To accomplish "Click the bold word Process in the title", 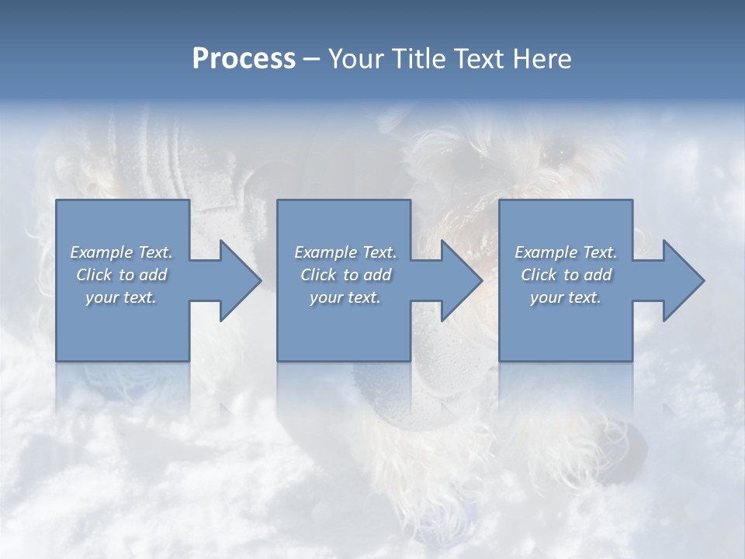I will (244, 59).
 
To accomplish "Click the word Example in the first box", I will (101, 252).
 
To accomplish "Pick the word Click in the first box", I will (95, 275).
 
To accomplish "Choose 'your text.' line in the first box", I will (121, 297).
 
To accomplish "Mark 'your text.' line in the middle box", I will (345, 297).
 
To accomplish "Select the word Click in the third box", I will (539, 275).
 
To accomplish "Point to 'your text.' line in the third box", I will (566, 297).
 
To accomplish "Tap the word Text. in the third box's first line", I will (599, 252).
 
